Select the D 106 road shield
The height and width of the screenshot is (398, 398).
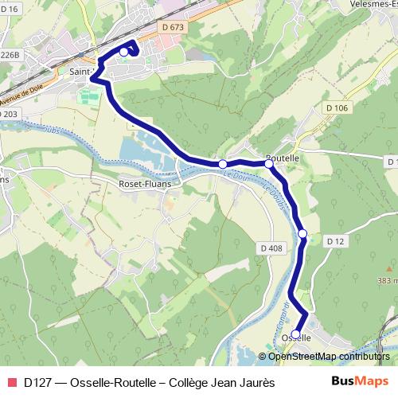pyautogui.click(x=338, y=107)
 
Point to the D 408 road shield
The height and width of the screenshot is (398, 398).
pyautogui.click(x=271, y=249)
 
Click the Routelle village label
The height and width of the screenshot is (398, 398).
pyautogui.click(x=283, y=158)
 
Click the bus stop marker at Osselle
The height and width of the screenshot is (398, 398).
pyautogui.click(x=296, y=334)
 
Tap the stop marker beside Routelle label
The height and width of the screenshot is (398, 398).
pyautogui.click(x=269, y=162)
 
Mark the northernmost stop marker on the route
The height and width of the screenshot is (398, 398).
pyautogui.click(x=123, y=52)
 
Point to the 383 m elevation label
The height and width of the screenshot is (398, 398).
pyautogui.click(x=385, y=281)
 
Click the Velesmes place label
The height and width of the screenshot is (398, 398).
pyautogui.click(x=367, y=4)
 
